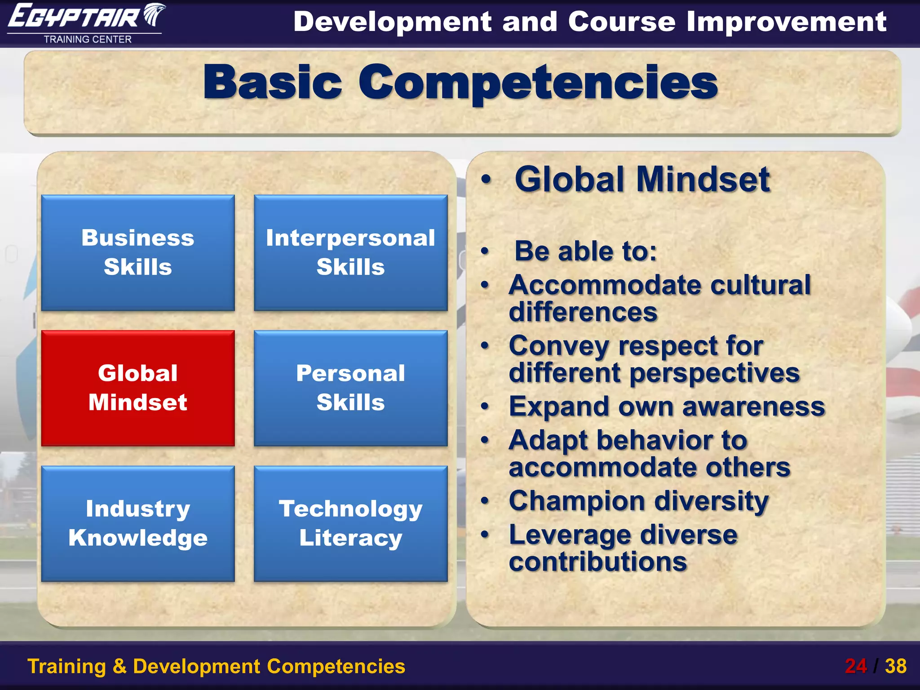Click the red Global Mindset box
pos(138,388)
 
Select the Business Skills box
pos(138,252)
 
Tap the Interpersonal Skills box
pos(350,252)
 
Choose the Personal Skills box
pos(350,388)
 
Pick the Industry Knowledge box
pos(138,523)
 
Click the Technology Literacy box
pos(350,523)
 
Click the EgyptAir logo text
pos(74,17)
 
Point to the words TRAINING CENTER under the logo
pos(88,40)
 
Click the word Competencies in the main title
pos(538,82)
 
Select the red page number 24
pos(855,666)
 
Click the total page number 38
pos(895,666)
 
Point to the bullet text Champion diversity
pos(638,501)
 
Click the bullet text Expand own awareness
pos(667,407)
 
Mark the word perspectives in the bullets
pos(714,373)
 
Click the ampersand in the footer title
pos(119,666)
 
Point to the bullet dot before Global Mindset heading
pos(486,179)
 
